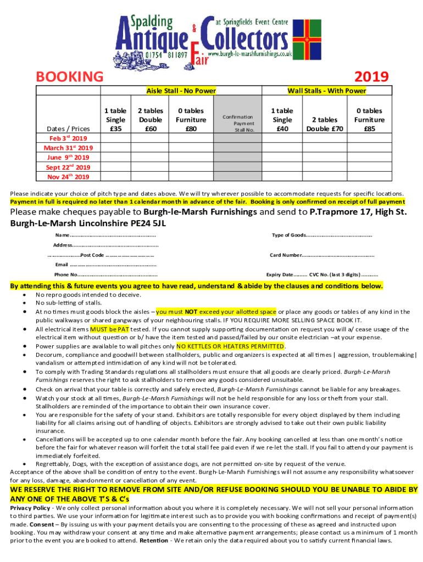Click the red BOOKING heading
coord(69,76)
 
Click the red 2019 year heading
coord(371,76)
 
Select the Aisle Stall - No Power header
coord(180,91)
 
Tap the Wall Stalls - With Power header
coord(327,91)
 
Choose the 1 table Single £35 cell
coord(115,120)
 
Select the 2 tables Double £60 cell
coord(150,120)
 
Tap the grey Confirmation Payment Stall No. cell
coord(237,123)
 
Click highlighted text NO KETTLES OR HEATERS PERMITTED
coord(230,346)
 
